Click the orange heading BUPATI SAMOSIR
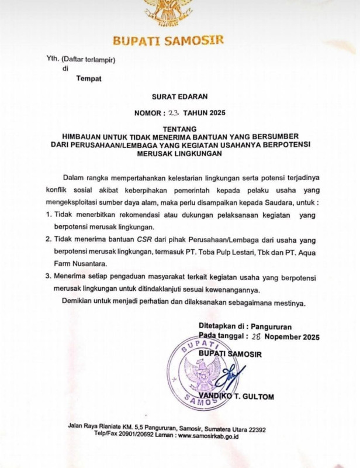coord(168,42)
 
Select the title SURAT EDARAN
coord(179,95)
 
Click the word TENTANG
coord(179,128)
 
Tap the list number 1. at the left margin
coord(49,215)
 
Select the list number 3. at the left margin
coord(49,277)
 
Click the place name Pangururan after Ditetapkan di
coord(280,326)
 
